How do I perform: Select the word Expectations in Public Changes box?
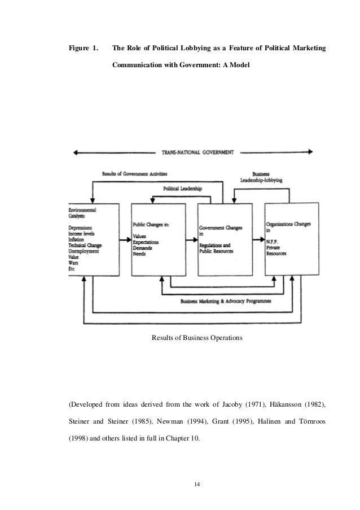click(146, 242)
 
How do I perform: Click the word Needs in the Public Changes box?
click(139, 254)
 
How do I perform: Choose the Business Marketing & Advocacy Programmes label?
click(225, 302)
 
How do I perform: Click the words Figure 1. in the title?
click(82, 49)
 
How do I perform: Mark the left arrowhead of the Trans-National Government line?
click(73, 152)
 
